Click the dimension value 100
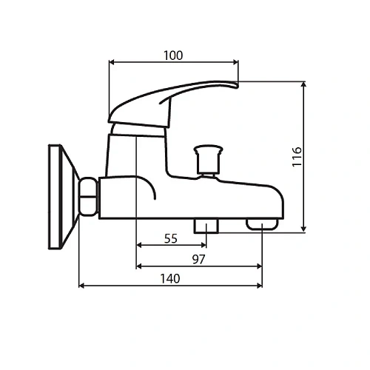point(173,55)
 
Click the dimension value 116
point(296,158)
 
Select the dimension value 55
point(171,238)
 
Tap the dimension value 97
point(198,258)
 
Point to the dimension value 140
point(170,278)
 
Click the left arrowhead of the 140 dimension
point(82,286)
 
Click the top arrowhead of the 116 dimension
point(304,85)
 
